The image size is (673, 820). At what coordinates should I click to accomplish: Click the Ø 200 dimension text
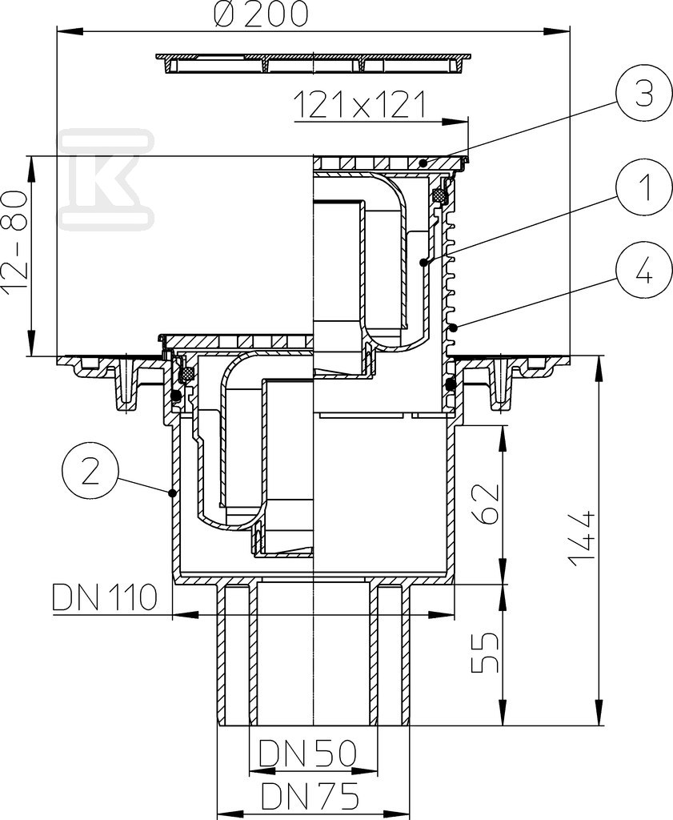click(260, 14)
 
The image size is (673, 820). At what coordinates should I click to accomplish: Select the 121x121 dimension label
click(360, 105)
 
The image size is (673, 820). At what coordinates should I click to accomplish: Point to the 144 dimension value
click(582, 539)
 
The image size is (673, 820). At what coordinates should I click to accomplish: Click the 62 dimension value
click(486, 504)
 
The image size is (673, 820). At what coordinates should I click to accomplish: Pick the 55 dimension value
click(486, 653)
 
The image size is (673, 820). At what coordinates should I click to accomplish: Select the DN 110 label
click(105, 597)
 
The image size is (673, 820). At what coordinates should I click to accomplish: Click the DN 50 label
click(308, 753)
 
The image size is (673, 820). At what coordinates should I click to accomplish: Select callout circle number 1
click(643, 189)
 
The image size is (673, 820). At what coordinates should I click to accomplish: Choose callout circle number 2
click(90, 472)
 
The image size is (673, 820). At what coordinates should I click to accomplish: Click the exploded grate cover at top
click(314, 62)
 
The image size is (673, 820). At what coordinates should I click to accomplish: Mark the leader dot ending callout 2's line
click(171, 492)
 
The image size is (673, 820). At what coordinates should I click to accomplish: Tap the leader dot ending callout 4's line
click(454, 328)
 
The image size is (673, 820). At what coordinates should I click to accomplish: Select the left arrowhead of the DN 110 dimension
click(186, 614)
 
